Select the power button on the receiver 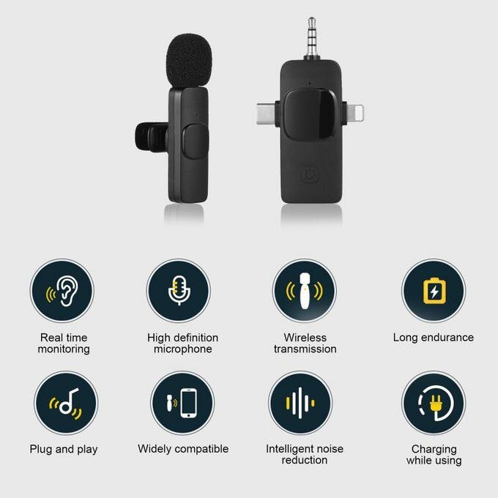(x=311, y=176)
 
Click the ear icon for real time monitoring (x=62, y=291)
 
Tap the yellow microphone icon (x=177, y=291)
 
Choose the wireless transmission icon (x=304, y=291)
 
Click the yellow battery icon (x=433, y=291)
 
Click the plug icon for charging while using (x=433, y=404)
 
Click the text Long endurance (x=433, y=338)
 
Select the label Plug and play (x=64, y=449)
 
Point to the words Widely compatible (x=183, y=449)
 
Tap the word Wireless (x=305, y=338)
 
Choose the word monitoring (x=64, y=349)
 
